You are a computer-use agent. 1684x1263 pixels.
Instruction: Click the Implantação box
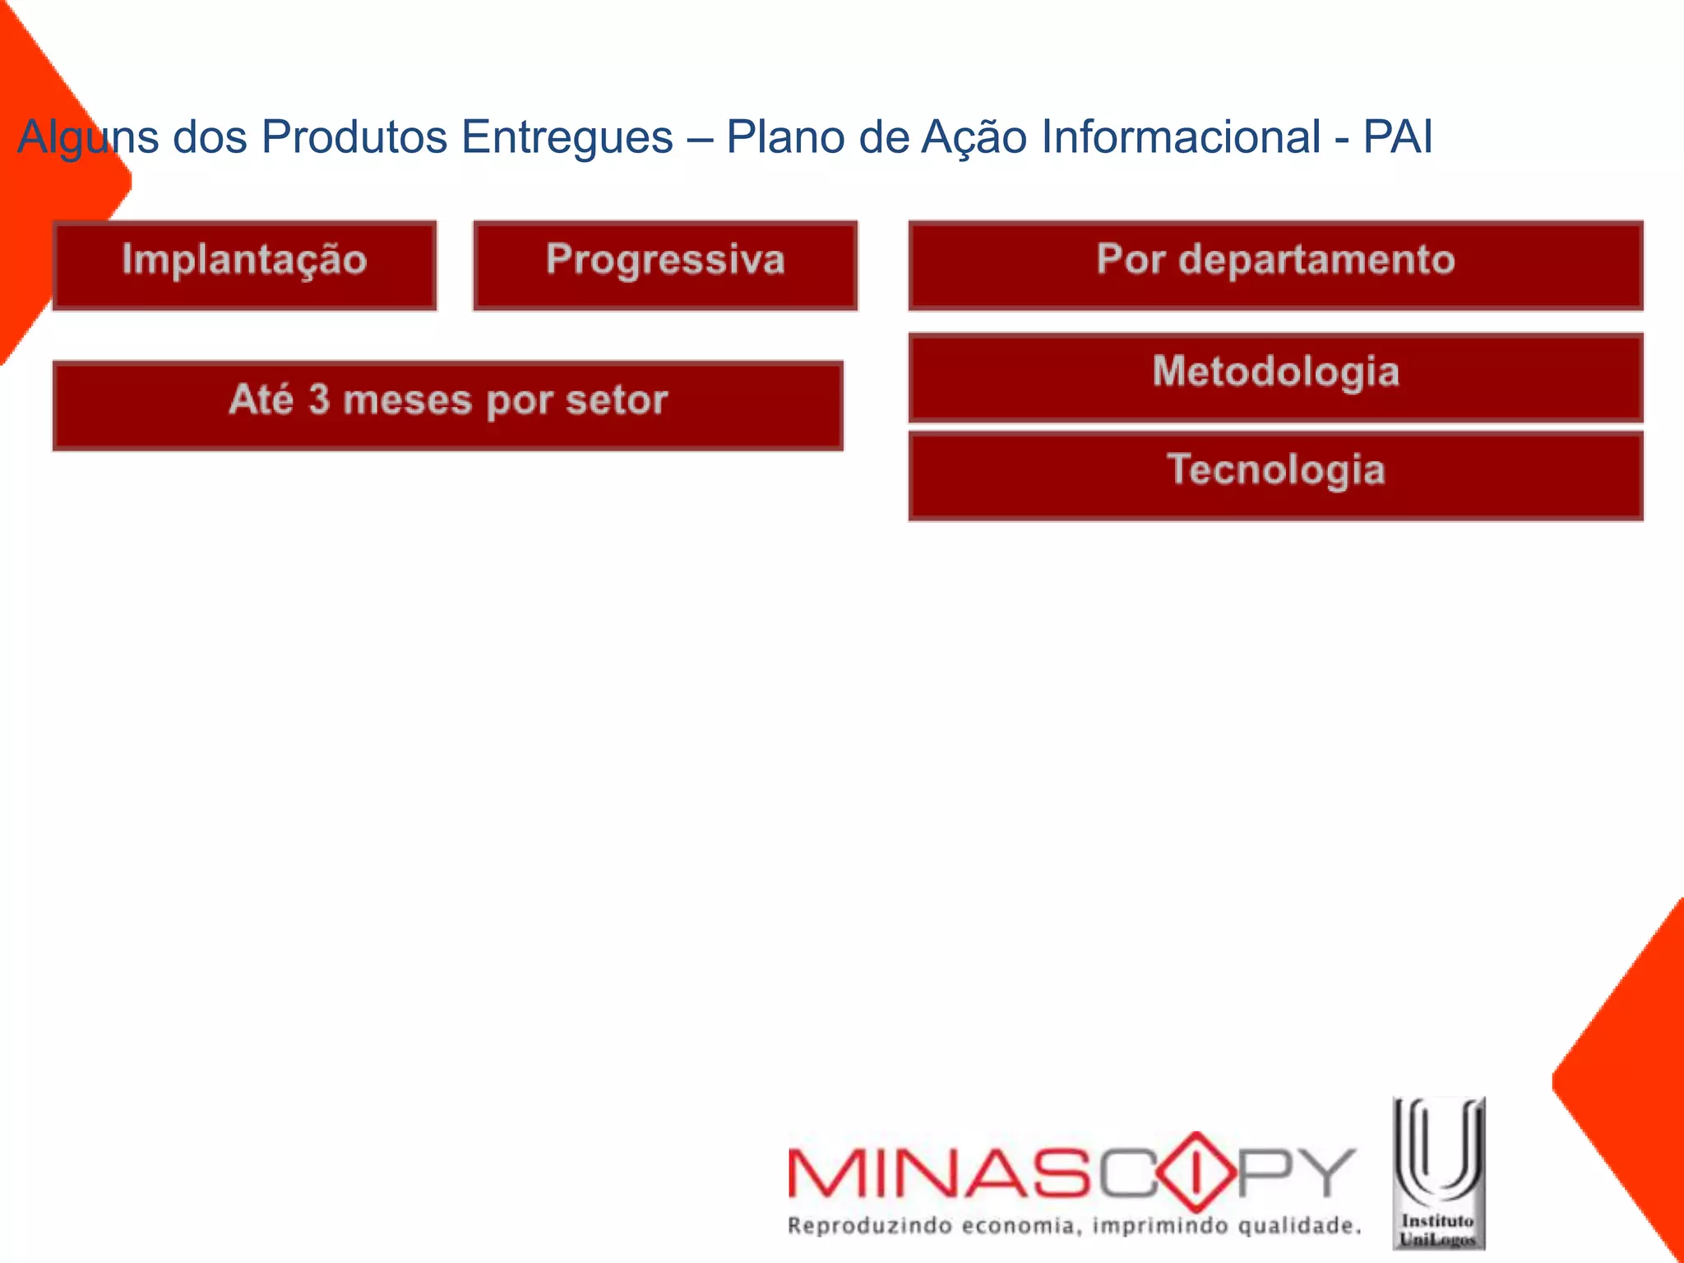click(244, 265)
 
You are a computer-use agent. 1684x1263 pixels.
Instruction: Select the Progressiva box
click(665, 265)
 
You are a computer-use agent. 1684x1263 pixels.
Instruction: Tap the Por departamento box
click(1275, 265)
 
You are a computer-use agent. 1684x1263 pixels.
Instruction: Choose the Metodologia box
click(1275, 377)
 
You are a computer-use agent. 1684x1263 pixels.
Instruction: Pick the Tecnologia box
click(1275, 475)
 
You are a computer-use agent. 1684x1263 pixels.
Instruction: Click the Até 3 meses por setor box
click(448, 405)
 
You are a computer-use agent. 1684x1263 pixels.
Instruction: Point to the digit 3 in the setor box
click(319, 400)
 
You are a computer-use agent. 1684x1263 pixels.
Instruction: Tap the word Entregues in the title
click(567, 136)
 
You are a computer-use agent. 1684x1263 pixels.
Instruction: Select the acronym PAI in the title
click(1398, 136)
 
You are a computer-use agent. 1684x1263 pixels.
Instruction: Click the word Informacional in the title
click(1181, 136)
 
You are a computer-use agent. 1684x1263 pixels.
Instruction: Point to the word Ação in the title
click(974, 136)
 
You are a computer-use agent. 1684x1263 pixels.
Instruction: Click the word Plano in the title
click(785, 136)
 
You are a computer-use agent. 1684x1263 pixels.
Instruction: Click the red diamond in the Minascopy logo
click(1197, 1172)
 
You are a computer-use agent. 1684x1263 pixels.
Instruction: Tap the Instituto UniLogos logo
click(1438, 1173)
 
